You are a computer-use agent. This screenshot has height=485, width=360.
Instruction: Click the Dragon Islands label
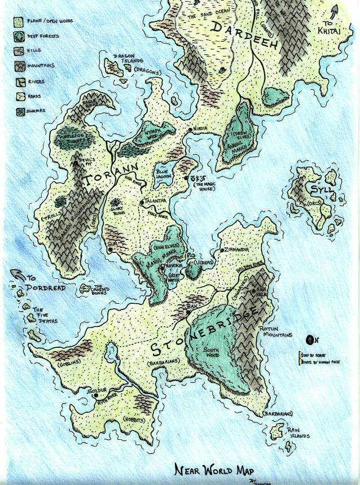[129, 59]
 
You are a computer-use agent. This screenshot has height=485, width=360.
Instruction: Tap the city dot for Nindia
[191, 129]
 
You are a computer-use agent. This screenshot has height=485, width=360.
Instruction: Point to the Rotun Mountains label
[275, 331]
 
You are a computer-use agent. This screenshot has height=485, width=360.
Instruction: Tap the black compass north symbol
[310, 340]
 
